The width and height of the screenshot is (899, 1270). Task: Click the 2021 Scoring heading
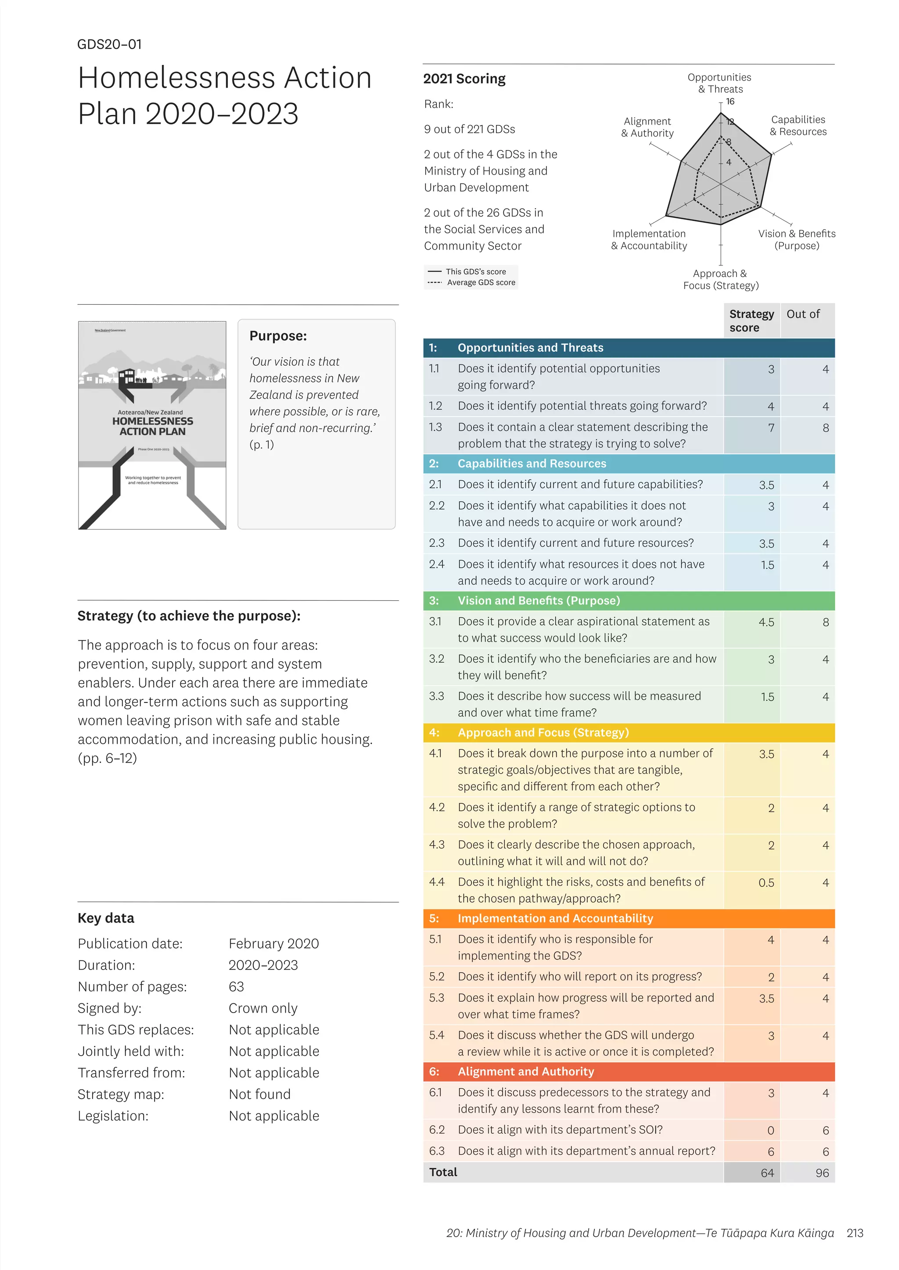point(464,78)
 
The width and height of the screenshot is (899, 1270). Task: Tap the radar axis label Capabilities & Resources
point(798,125)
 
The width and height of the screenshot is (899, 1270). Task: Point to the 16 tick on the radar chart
point(730,102)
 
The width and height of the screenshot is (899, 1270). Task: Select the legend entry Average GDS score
point(481,283)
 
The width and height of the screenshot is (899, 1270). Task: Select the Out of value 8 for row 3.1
point(825,622)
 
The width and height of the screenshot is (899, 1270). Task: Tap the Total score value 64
point(767,1173)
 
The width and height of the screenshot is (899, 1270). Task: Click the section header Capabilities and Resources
point(532,464)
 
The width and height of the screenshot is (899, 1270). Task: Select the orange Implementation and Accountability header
point(555,918)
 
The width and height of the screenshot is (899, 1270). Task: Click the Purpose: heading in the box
point(278,336)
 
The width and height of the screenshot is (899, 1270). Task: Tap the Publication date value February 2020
point(273,944)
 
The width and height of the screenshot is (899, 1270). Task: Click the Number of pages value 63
point(236,987)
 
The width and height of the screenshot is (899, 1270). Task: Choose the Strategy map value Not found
point(259,1094)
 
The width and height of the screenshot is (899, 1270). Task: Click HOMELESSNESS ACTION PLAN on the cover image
point(152,426)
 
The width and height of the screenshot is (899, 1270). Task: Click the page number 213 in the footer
point(855,1233)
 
